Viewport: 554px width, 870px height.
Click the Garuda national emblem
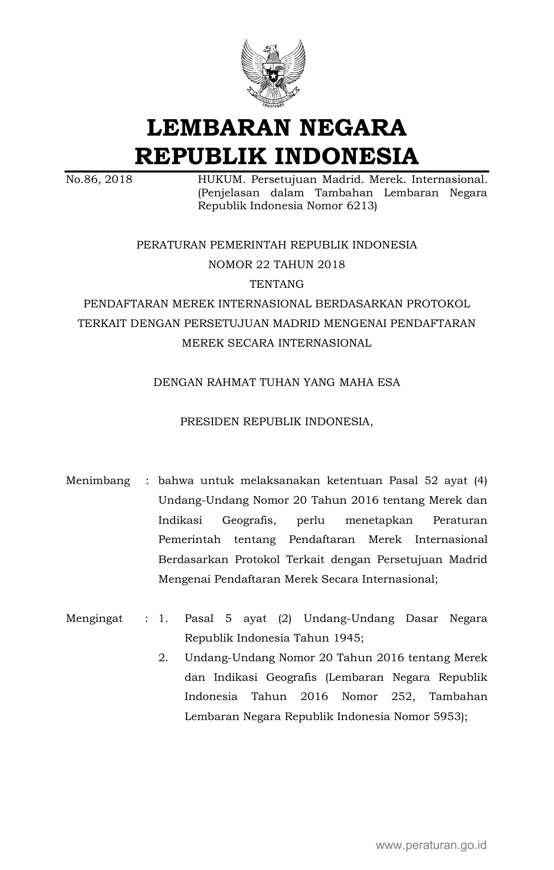tap(273, 73)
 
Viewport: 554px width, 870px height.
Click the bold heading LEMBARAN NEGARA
tap(276, 128)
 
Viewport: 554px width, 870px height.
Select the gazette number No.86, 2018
tap(99, 180)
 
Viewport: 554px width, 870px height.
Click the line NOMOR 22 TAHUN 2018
tap(277, 265)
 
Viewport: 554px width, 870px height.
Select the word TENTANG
tap(277, 284)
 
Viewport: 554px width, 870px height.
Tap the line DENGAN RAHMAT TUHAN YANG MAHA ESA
tap(277, 382)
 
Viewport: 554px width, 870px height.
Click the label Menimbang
tap(98, 481)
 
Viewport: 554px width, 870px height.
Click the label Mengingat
tap(94, 619)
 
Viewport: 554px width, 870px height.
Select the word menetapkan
tap(379, 521)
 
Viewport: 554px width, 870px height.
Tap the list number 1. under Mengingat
tap(163, 619)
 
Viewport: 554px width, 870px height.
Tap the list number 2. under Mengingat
tap(163, 658)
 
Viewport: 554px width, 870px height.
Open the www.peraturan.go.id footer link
tap(431, 845)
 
